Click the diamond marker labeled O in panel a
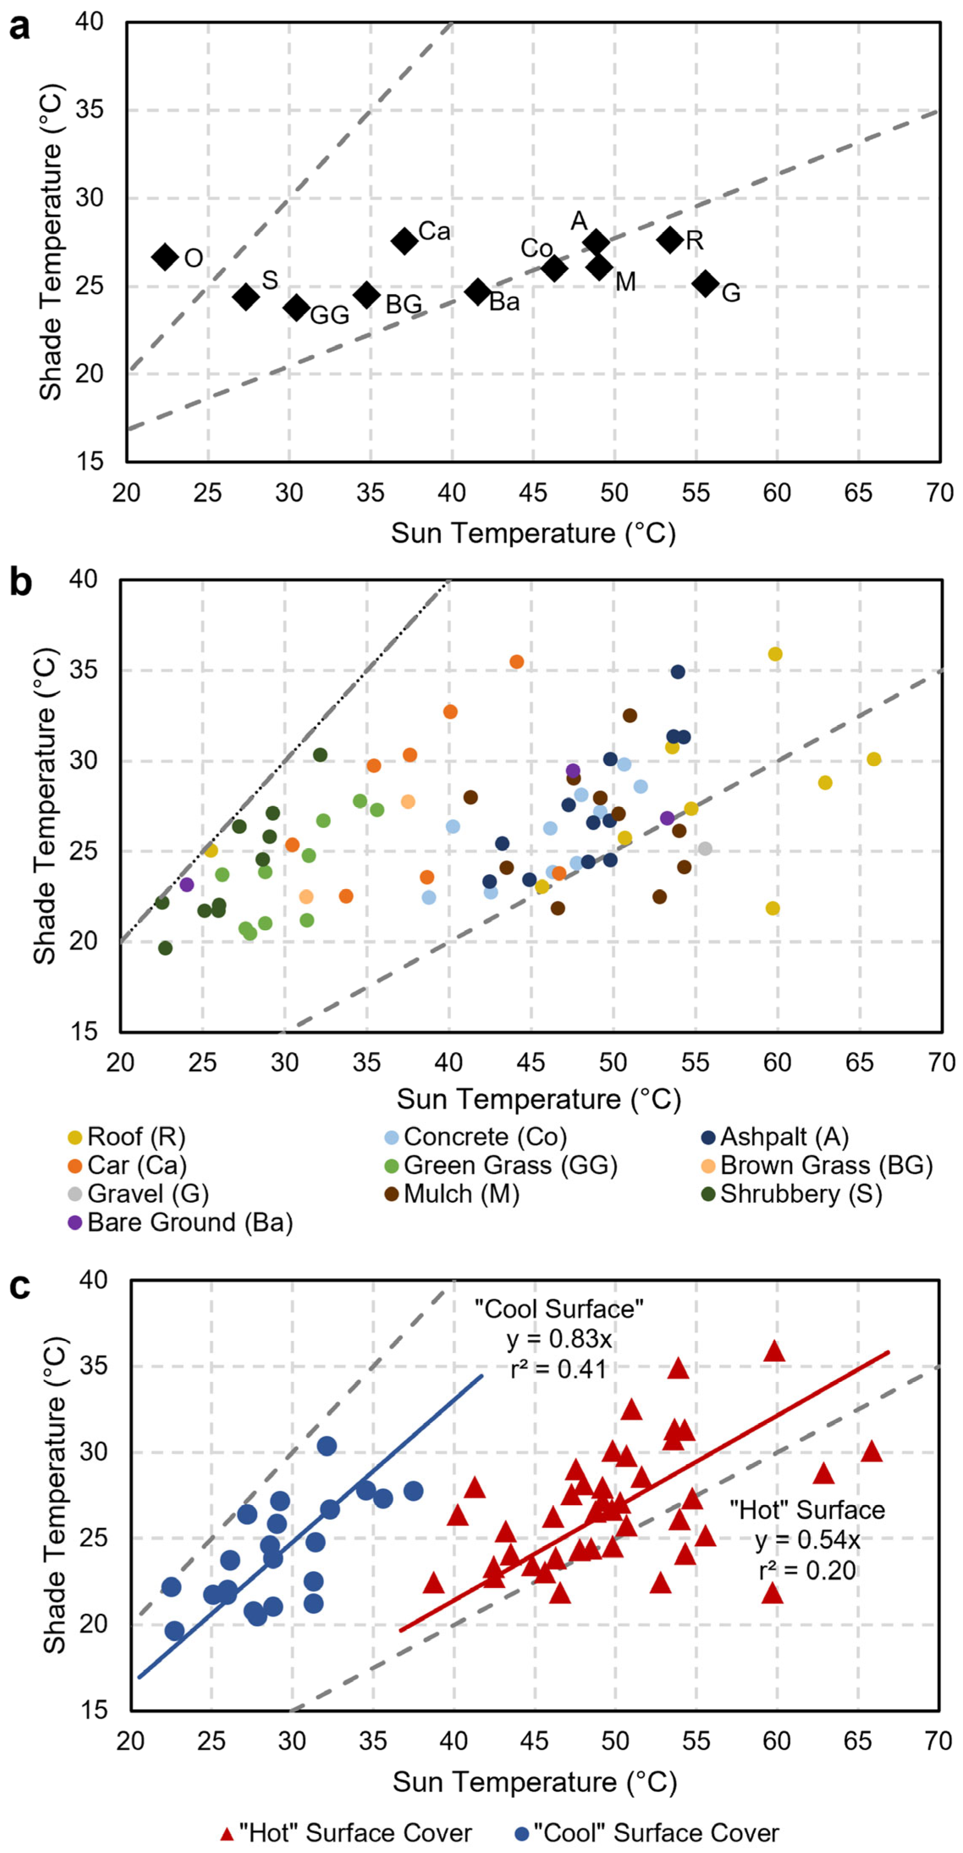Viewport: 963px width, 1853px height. tap(165, 257)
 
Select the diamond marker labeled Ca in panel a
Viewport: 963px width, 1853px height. tap(405, 240)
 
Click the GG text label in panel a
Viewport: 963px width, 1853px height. tap(329, 315)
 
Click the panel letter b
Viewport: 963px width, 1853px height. tap(20, 582)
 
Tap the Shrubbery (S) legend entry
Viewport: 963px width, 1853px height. tap(792, 1193)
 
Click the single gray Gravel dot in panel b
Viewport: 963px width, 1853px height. tap(705, 849)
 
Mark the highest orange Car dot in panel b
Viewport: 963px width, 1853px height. tap(516, 662)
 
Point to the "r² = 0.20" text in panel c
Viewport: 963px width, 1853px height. tap(807, 1570)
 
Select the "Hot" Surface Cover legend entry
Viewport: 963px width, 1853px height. tap(347, 1832)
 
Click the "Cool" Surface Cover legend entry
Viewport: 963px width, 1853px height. tap(647, 1832)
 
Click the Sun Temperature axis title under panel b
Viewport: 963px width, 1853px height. tap(539, 1099)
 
